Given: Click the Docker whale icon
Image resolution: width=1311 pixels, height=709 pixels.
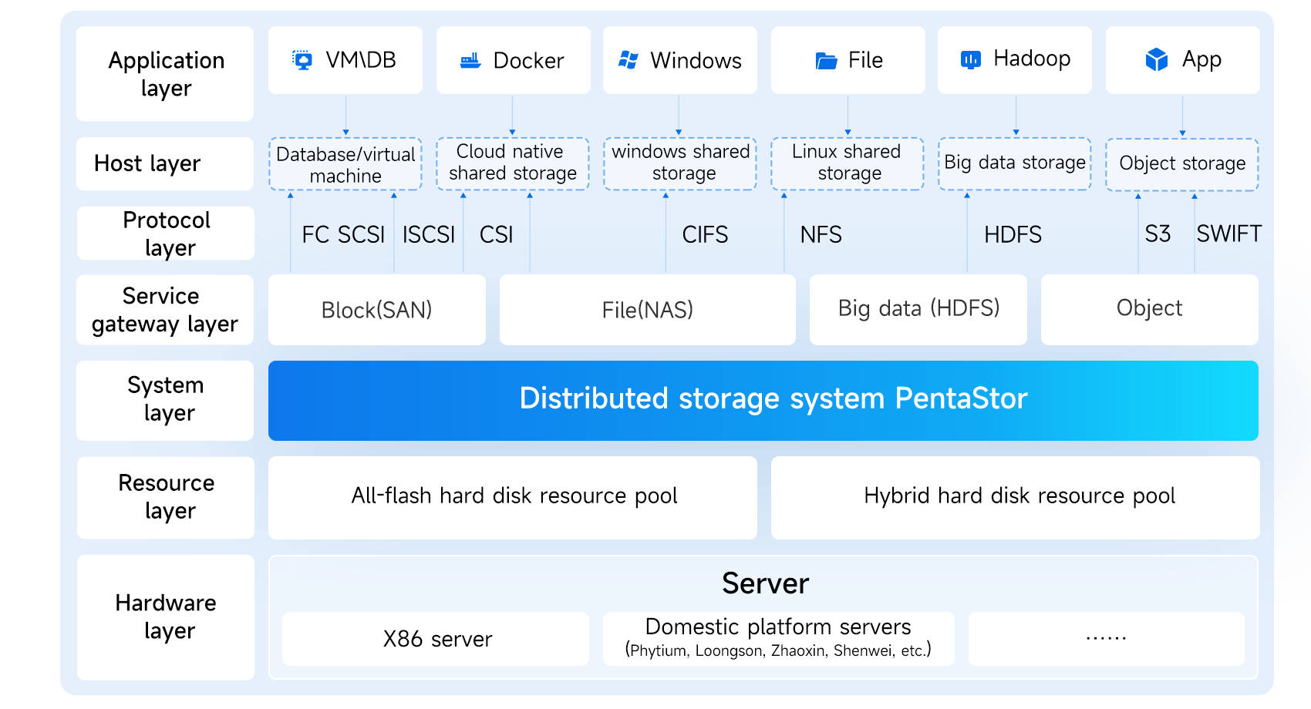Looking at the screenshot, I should [470, 60].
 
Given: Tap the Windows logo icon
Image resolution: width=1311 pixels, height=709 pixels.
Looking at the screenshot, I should [629, 60].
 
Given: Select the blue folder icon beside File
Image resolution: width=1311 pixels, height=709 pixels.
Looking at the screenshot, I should [826, 60].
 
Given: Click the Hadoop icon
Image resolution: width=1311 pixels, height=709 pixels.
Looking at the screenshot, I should [970, 59].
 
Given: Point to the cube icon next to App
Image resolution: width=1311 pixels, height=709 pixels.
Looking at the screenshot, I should [1157, 59].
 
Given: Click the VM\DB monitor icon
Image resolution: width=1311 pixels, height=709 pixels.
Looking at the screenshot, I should [303, 60].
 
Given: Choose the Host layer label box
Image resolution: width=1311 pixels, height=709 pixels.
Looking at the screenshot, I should [164, 163].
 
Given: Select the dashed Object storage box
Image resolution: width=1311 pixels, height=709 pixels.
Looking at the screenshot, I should [1181, 163].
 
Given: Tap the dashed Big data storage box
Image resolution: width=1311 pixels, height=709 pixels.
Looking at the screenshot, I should [1014, 163].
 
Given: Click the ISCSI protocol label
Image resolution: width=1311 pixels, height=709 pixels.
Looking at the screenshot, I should [429, 234].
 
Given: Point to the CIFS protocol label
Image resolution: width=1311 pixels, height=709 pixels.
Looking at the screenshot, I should [705, 234].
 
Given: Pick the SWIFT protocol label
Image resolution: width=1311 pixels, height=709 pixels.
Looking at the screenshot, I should [1228, 234].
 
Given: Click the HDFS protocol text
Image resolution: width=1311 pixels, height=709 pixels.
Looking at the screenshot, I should [1013, 234].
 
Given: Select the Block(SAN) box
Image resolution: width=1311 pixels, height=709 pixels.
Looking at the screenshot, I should [376, 310].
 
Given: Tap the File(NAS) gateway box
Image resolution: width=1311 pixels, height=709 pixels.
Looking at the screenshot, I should [647, 310].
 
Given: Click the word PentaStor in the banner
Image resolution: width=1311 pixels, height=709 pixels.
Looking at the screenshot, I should [961, 398].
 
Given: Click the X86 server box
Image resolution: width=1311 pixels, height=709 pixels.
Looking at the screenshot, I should [436, 639].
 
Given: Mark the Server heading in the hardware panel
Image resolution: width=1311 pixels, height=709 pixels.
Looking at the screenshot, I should [765, 583].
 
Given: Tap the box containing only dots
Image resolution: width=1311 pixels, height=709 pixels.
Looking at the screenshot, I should [1106, 639].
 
